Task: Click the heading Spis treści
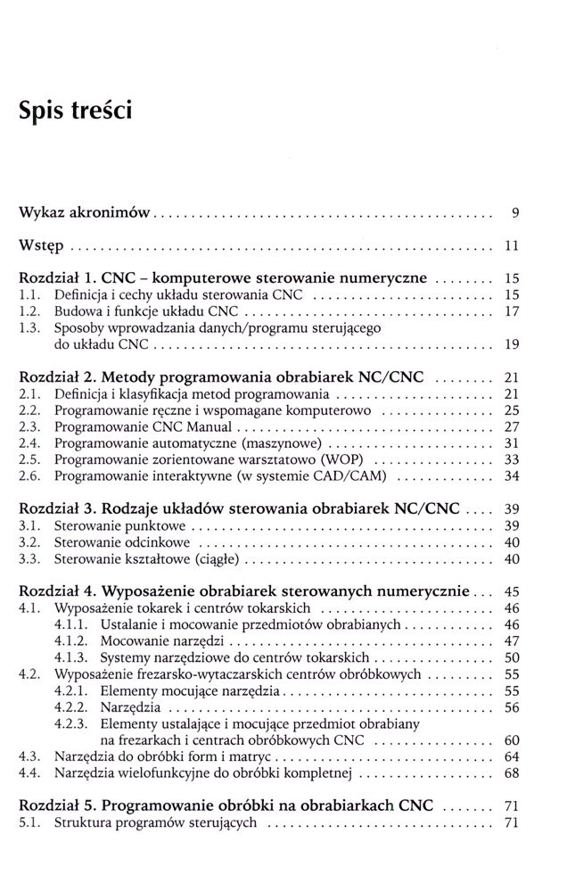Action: point(75,111)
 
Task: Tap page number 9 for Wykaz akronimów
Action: point(515,213)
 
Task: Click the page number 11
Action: point(512,244)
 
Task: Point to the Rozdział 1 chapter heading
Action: point(222,277)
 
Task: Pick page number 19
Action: point(512,343)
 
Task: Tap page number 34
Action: point(512,476)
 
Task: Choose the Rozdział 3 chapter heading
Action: point(239,508)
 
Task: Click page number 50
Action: point(512,657)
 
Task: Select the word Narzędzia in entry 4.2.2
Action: point(130,706)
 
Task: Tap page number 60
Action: point(512,739)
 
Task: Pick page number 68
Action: point(512,772)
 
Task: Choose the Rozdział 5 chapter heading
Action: point(226,805)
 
